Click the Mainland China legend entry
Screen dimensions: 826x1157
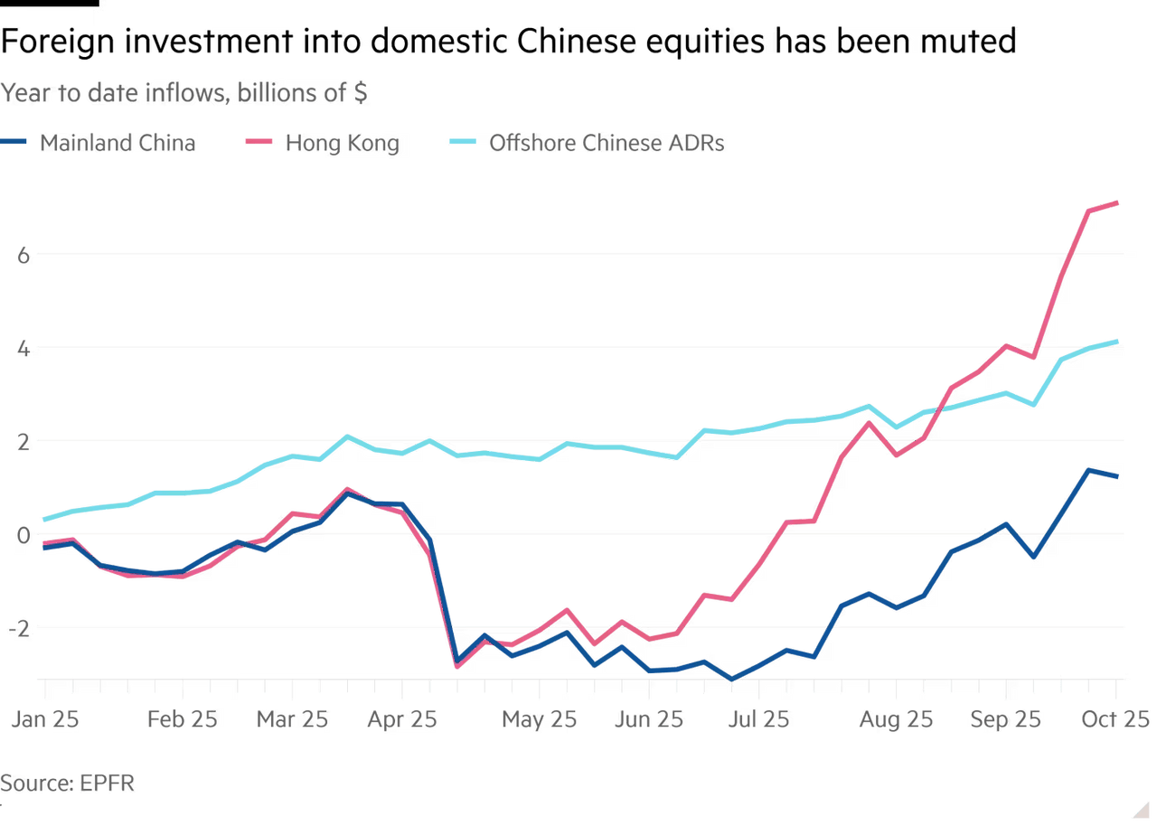116,143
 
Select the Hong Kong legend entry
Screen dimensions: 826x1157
342,143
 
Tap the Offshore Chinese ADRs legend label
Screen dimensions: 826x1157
605,143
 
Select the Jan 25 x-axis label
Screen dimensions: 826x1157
43,720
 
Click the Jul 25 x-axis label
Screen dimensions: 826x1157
758,720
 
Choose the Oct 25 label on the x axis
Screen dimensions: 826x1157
1117,720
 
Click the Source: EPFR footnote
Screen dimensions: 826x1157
67,783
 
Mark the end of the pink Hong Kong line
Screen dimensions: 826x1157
1118,202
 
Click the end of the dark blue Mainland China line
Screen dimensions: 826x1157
1118,476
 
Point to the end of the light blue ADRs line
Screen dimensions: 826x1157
1118,340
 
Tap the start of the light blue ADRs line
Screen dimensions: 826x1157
43,520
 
